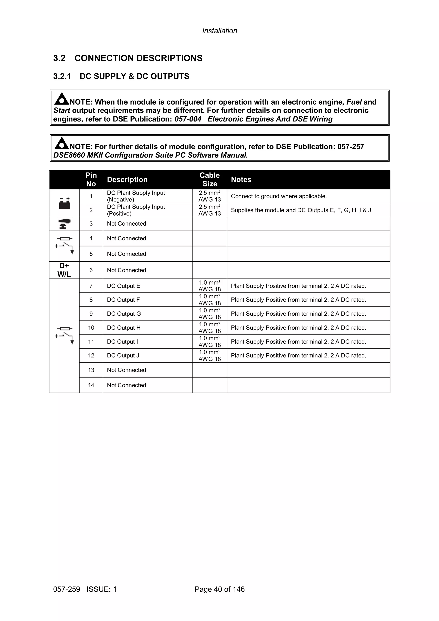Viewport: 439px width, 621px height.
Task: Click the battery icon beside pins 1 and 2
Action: pyautogui.click(x=65, y=203)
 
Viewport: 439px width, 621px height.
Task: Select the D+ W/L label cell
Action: pyautogui.click(x=64, y=270)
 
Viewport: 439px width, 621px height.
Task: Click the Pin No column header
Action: pyautogui.click(x=91, y=180)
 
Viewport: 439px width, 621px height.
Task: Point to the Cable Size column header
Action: pyautogui.click(x=210, y=180)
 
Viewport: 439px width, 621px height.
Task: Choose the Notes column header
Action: pyautogui.click(x=241, y=180)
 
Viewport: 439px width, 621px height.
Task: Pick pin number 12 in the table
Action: pyautogui.click(x=91, y=355)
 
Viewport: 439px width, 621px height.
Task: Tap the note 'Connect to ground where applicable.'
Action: pyautogui.click(x=279, y=196)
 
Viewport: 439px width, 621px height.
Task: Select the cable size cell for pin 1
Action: pyautogui.click(x=210, y=196)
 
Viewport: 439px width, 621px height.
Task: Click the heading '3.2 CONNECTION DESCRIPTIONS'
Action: pyautogui.click(x=128, y=58)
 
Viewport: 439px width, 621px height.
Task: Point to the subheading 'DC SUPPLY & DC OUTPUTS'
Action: pyautogui.click(x=134, y=76)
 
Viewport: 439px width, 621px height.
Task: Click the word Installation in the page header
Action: pyautogui.click(x=220, y=31)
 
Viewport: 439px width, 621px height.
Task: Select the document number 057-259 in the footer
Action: pyautogui.click(x=66, y=589)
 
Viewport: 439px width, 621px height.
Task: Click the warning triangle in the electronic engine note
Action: pyautogui.click(x=62, y=99)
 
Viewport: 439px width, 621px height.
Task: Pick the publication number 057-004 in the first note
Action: pyautogui.click(x=188, y=119)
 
